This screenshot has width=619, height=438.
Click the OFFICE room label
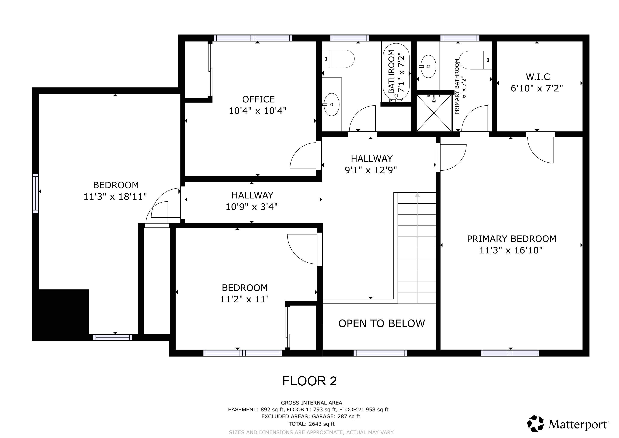[258, 99]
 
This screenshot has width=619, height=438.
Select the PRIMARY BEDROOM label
[511, 239]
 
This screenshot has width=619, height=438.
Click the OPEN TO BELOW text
[382, 323]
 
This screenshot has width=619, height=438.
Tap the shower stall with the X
[434, 113]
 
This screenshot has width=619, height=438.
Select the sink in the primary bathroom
[428, 66]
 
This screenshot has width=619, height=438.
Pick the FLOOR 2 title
[309, 381]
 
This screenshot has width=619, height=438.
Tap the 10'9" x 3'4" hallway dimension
[252, 207]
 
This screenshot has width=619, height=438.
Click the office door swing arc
[302, 156]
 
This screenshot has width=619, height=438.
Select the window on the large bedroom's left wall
[35, 193]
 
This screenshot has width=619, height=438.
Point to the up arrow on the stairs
[417, 195]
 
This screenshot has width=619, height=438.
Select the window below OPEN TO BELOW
[380, 353]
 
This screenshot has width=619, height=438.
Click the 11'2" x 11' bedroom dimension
[244, 299]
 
